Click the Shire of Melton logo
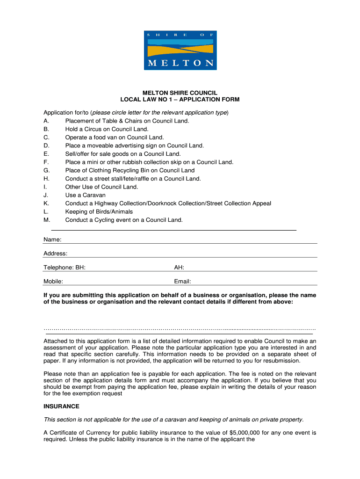(180, 51)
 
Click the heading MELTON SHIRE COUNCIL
(180, 93)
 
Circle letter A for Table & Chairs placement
(46, 121)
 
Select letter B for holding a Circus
(46, 129)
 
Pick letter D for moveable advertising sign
(46, 146)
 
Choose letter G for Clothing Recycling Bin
(46, 171)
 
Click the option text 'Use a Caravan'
(85, 195)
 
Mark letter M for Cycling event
(46, 220)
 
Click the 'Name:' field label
(52, 240)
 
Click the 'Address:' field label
(55, 254)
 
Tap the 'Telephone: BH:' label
(64, 268)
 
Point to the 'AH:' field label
(179, 268)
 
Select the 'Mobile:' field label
(53, 282)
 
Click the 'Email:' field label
(182, 282)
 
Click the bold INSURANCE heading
(61, 406)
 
